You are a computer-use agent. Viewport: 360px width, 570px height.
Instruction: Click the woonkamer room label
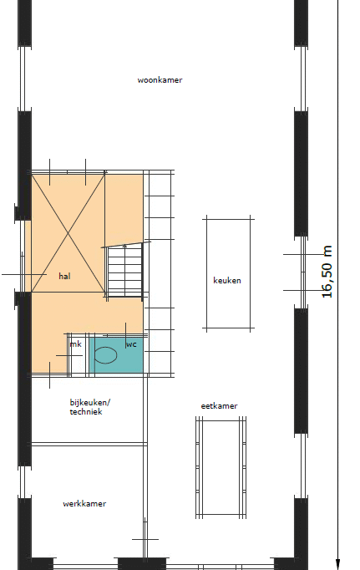point(160,80)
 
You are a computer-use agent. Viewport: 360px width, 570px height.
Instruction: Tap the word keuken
point(227,280)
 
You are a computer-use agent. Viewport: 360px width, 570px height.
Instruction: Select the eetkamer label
point(219,405)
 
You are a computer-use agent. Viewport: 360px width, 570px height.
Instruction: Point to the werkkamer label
point(84,503)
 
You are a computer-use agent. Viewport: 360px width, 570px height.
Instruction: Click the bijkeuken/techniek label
point(89,407)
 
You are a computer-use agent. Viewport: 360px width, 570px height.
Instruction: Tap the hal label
point(64,277)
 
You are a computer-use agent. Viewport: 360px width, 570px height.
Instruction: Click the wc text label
point(131,344)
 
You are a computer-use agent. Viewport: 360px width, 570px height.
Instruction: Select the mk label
point(76,344)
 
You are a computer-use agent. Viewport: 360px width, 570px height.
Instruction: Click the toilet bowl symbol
point(106,355)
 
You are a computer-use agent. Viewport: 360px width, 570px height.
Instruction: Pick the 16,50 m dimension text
point(327,272)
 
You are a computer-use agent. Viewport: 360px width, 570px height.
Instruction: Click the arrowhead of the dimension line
point(337,564)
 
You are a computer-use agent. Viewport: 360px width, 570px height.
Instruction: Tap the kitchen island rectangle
point(229,274)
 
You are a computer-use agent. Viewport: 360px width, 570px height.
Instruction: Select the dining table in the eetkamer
point(221,467)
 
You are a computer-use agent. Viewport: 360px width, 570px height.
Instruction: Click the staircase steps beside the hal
point(125,271)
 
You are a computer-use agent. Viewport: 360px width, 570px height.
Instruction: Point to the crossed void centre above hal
point(68,233)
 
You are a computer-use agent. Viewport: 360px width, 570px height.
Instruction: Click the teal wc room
point(116,355)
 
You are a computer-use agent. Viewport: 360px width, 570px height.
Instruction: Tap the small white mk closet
point(79,354)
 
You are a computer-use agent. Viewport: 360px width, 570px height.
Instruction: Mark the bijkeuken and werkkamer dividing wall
point(89,444)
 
